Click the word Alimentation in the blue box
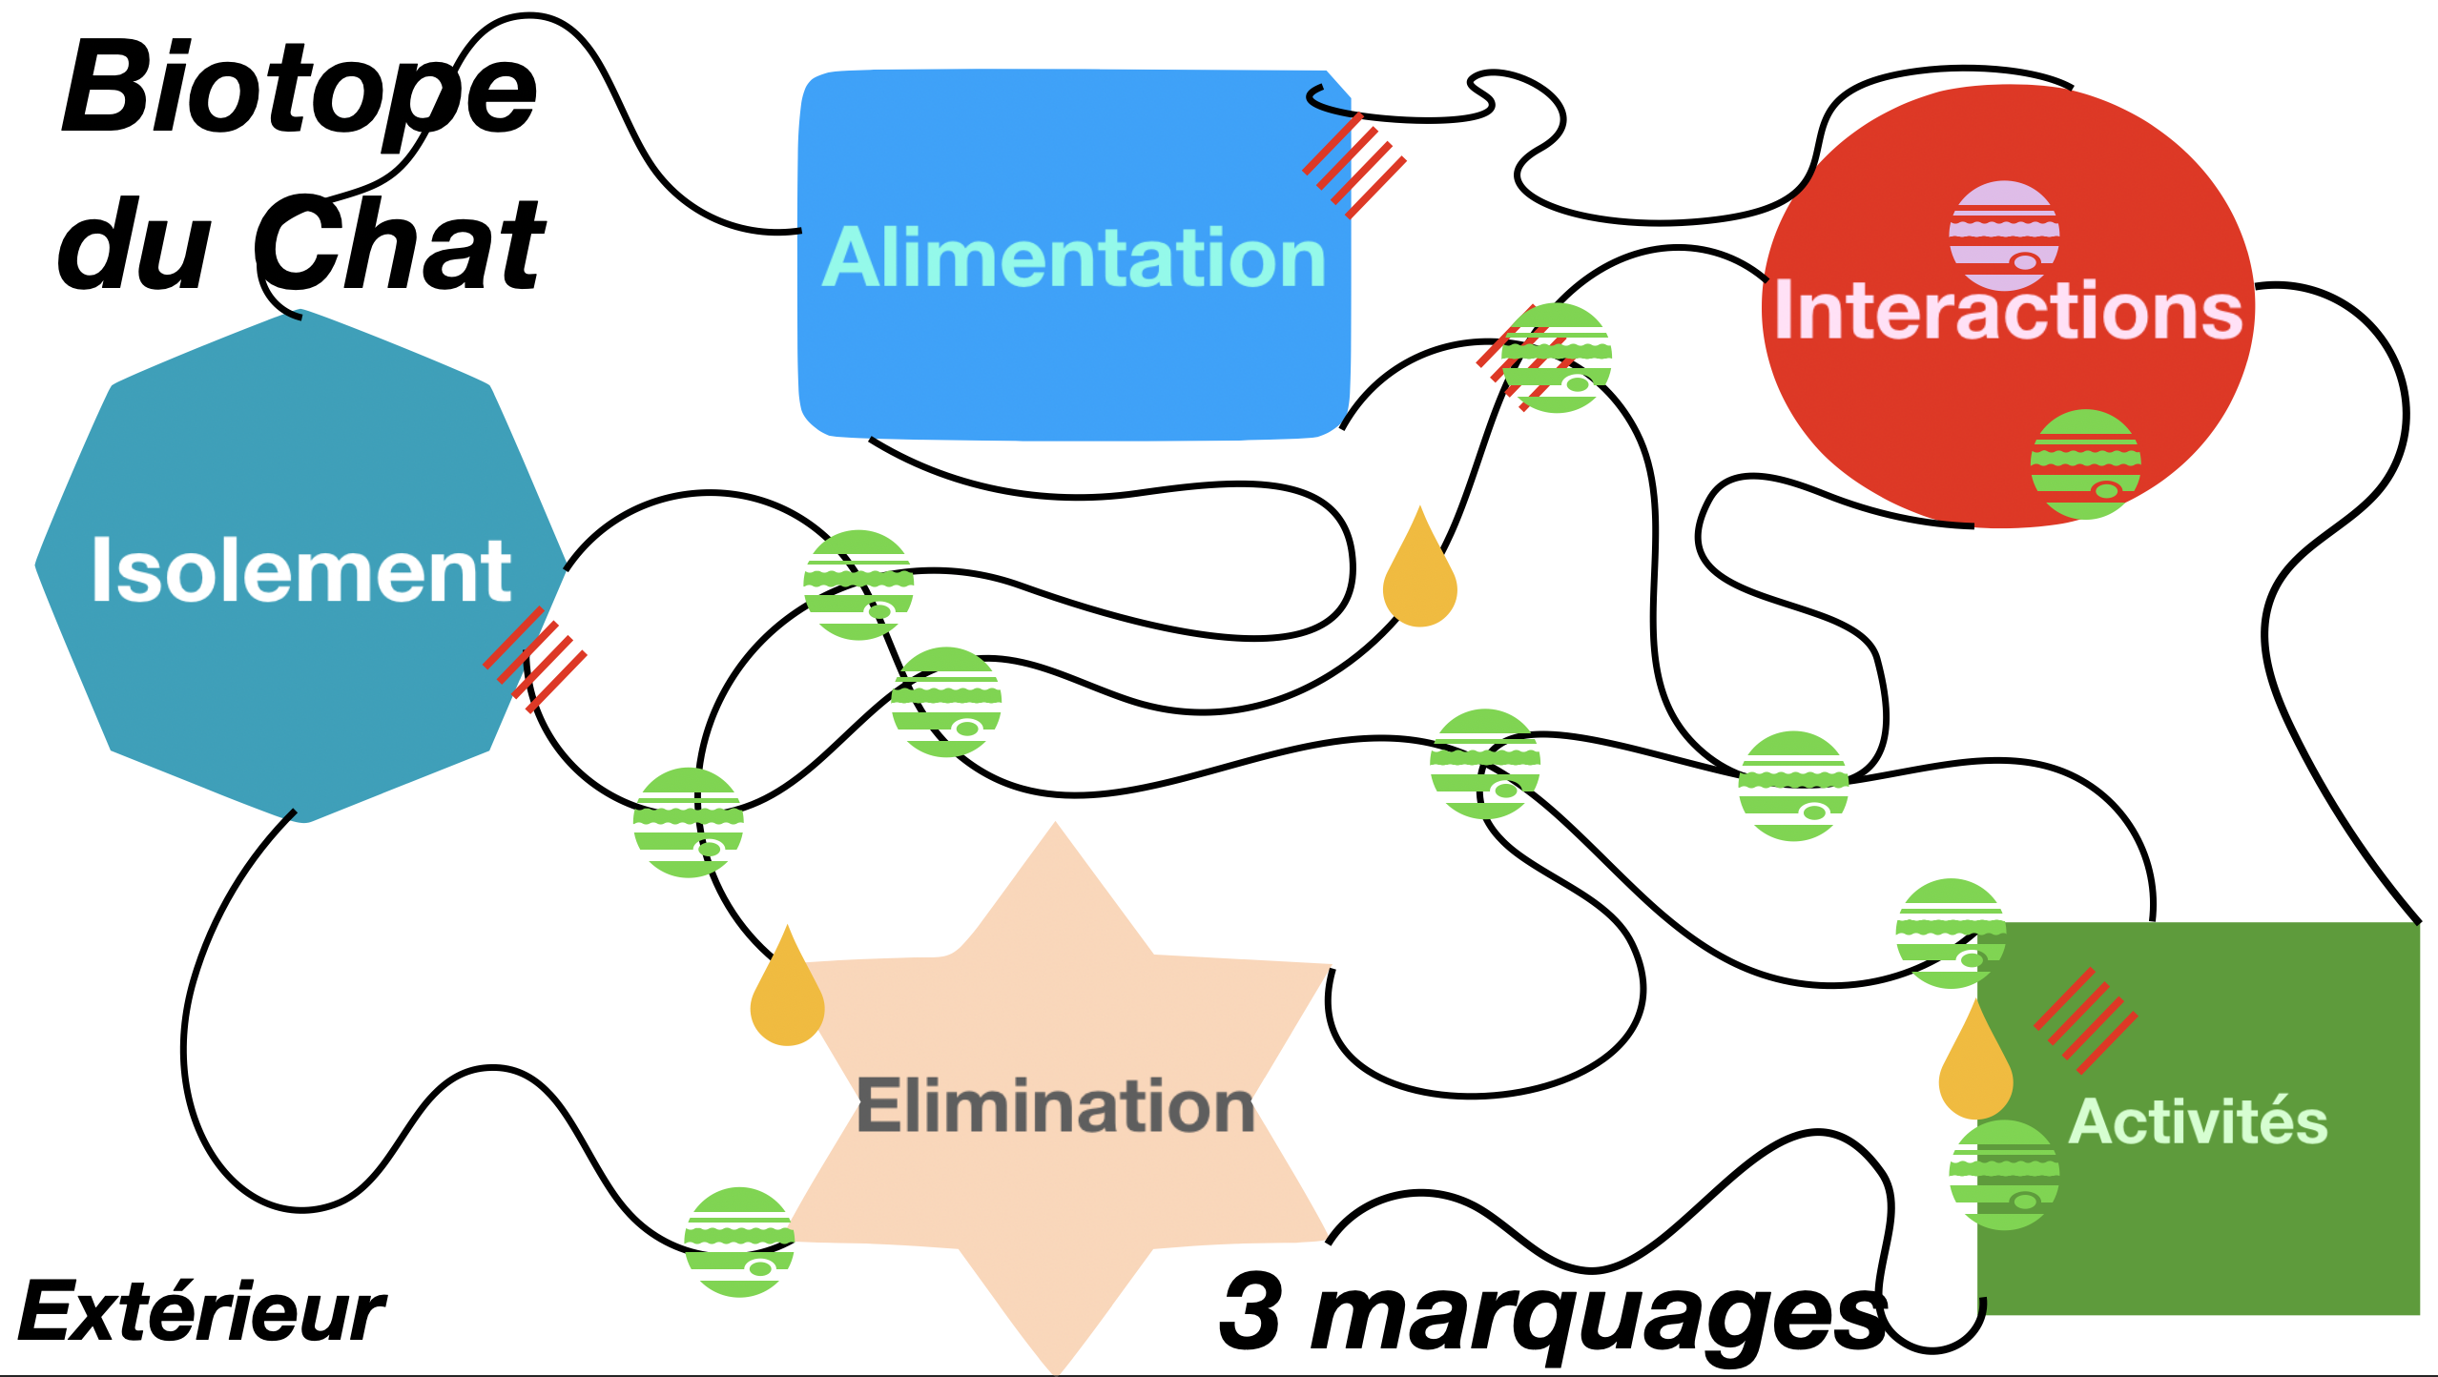coord(1074,258)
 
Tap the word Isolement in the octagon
coord(301,570)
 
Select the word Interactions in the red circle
coord(2008,310)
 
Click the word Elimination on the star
coord(1055,1106)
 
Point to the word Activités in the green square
coord(2198,1121)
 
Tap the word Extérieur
coord(201,1313)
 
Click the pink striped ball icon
coord(2004,236)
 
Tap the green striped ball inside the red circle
coord(2085,464)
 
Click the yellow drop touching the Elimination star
coord(787,997)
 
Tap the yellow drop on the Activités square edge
coord(1975,1068)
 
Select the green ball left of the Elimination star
coord(739,1242)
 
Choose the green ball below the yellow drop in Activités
coord(2004,1175)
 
